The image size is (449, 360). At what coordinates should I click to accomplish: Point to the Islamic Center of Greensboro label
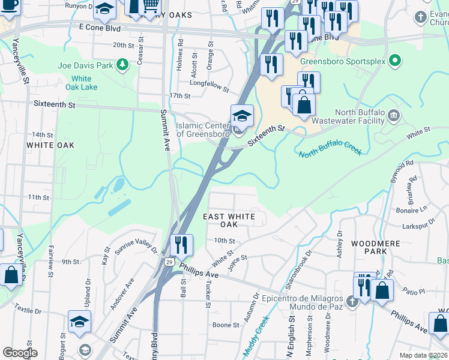[203, 130]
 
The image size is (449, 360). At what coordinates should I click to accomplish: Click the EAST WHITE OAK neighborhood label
[229, 220]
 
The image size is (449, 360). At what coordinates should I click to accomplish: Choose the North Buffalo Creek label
[331, 148]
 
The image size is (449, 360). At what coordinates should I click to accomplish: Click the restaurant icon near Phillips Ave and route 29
[181, 245]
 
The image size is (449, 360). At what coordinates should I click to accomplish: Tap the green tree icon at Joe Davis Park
[122, 64]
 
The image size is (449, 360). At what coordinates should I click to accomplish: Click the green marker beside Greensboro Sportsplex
[394, 61]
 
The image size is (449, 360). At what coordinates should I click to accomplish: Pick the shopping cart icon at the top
[150, 7]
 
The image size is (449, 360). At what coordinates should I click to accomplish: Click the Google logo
[20, 353]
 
